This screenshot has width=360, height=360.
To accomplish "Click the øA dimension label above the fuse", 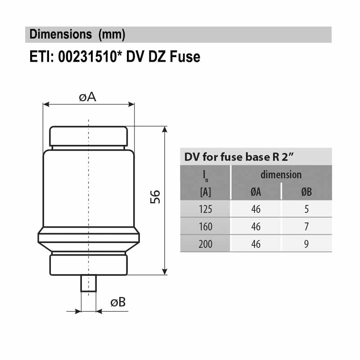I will click(x=88, y=97).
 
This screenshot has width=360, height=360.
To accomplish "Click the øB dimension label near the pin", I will click(x=118, y=302).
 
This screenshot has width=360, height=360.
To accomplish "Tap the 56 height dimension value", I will click(x=155, y=197).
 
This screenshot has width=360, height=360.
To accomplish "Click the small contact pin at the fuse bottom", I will click(x=89, y=283).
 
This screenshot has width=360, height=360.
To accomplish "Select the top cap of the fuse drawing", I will click(x=89, y=135).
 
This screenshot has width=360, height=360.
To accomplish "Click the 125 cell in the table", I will click(x=205, y=209).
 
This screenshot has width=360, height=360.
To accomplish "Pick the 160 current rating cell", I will click(x=205, y=227).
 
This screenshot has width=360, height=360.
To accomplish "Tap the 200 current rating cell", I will click(x=205, y=244).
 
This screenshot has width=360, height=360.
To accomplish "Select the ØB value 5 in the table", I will click(x=306, y=209).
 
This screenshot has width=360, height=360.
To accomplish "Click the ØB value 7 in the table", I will click(x=306, y=227).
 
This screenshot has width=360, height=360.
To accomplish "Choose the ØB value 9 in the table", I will click(x=306, y=244).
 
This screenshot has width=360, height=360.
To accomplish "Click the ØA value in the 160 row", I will click(x=256, y=227).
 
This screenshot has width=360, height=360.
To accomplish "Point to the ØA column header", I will click(x=256, y=192).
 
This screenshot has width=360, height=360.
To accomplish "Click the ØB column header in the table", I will click(x=306, y=192).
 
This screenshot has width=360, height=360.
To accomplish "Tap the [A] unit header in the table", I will click(x=205, y=193).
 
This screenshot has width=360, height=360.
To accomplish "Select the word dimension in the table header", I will click(x=281, y=175).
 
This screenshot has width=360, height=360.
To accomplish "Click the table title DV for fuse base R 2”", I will click(x=239, y=157).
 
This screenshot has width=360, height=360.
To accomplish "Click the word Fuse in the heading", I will click(x=185, y=57).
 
